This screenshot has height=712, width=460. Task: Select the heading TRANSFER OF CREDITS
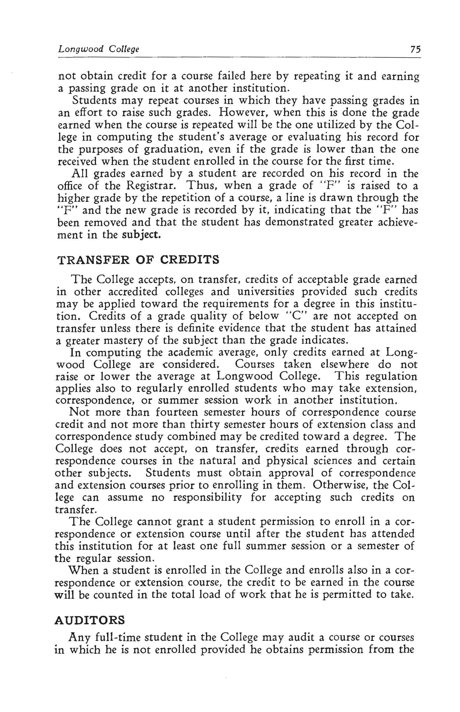(138, 260)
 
